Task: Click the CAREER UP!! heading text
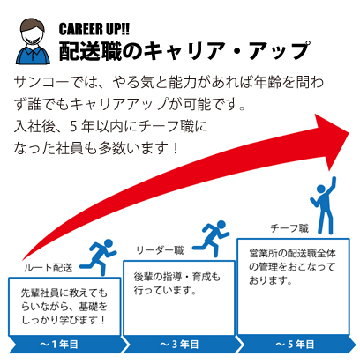click(x=94, y=29)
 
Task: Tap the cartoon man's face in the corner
click(x=33, y=33)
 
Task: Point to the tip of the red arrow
click(x=349, y=133)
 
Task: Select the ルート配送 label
click(x=49, y=268)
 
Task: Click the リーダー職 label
click(x=160, y=250)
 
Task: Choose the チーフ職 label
click(x=289, y=228)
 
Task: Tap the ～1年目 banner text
click(x=59, y=345)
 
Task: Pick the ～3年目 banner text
click(x=179, y=345)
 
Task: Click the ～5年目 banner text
click(x=295, y=345)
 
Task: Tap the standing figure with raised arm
click(x=324, y=205)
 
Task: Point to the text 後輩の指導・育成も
click(x=176, y=277)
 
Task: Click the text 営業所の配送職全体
click(x=292, y=253)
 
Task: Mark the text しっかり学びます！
click(x=63, y=320)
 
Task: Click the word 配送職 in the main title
click(x=90, y=51)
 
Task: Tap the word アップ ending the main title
click(x=279, y=51)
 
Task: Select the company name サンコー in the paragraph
click(x=42, y=82)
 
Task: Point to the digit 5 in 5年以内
click(x=73, y=127)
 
